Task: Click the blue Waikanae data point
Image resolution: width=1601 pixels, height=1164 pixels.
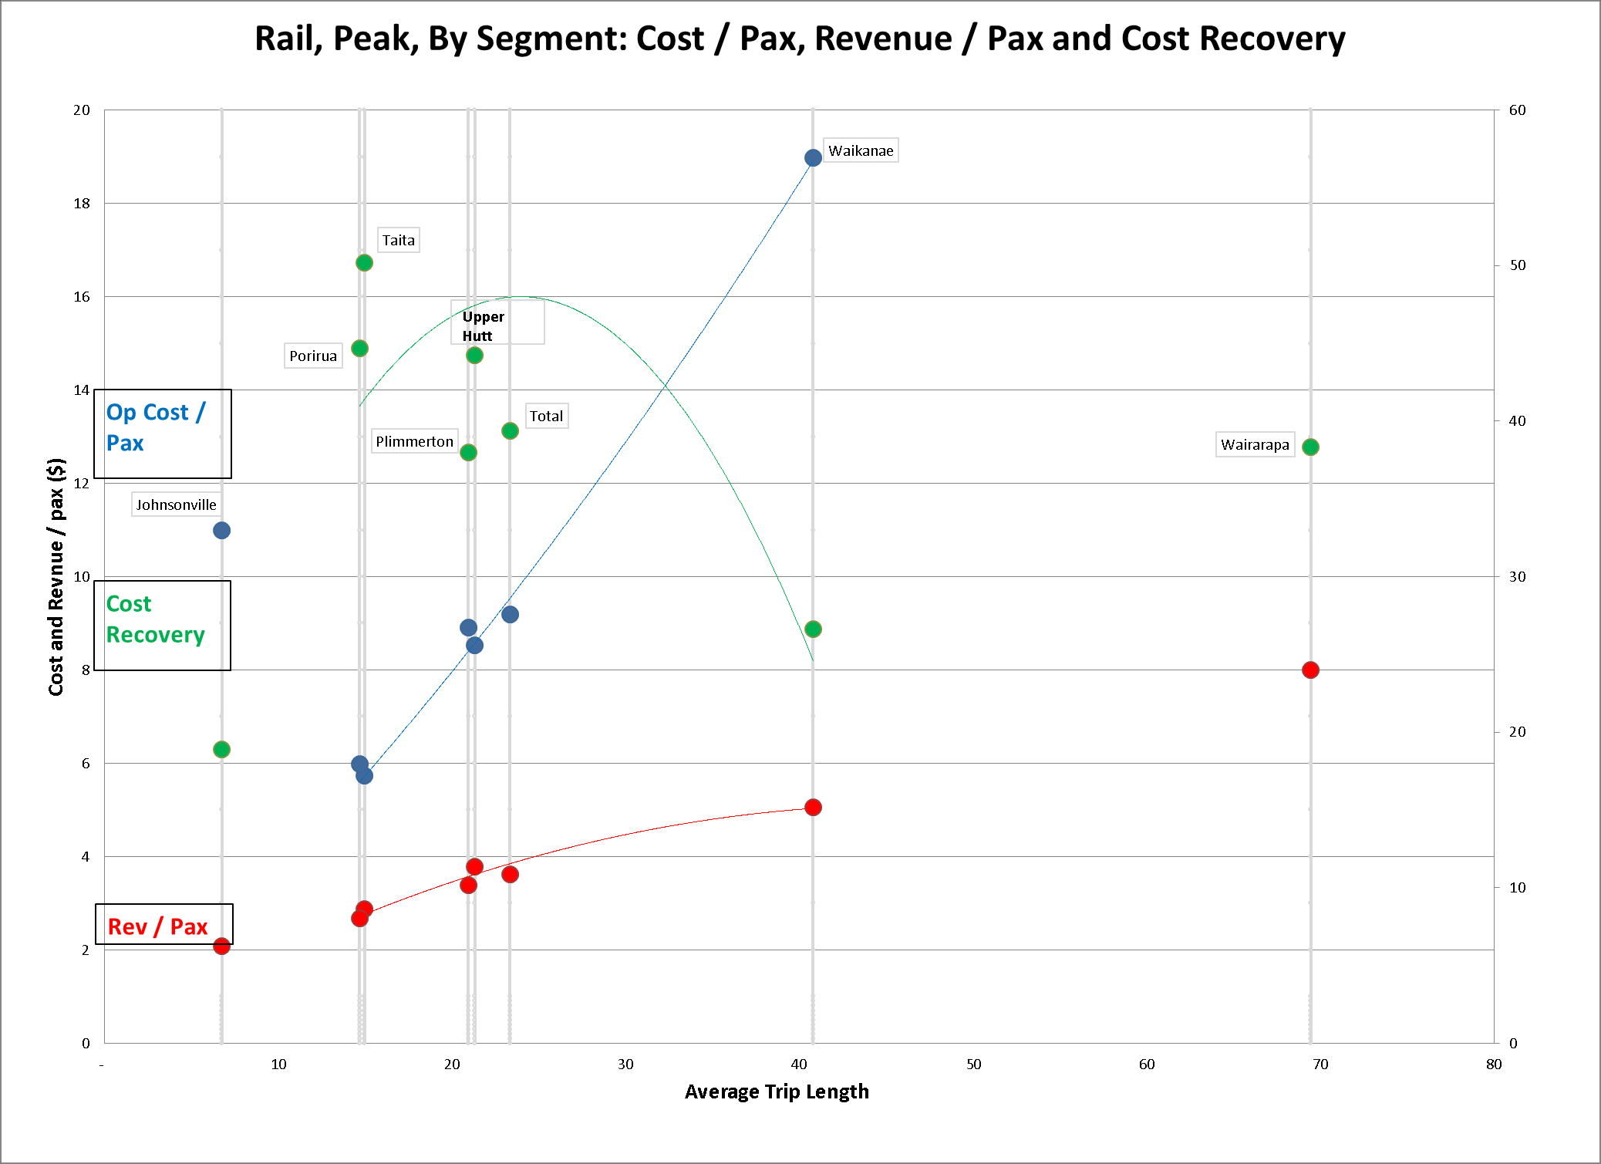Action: click(x=813, y=158)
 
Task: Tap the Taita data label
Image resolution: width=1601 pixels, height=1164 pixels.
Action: click(x=399, y=240)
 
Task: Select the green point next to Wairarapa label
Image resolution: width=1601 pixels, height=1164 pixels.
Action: click(x=1310, y=447)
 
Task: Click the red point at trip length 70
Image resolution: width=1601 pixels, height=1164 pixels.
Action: click(x=1310, y=670)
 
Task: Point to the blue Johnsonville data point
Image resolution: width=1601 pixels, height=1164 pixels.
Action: click(x=221, y=530)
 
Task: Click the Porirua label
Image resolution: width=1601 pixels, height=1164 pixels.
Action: click(x=313, y=356)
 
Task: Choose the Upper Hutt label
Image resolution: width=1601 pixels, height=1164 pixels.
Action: click(x=484, y=326)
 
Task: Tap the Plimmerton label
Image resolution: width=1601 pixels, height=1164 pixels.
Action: click(x=414, y=441)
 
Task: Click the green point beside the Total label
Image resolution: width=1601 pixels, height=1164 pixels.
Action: click(x=510, y=430)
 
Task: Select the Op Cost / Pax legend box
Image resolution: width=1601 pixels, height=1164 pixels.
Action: click(x=163, y=433)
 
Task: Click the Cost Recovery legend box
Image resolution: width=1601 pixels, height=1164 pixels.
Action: click(x=163, y=625)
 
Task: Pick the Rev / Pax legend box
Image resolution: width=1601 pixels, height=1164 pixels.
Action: click(x=163, y=924)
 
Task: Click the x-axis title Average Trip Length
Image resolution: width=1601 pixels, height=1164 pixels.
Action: click(x=777, y=1091)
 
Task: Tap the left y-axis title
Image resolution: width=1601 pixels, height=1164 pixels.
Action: click(x=56, y=576)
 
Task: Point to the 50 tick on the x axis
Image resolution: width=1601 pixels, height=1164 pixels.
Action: click(x=974, y=1064)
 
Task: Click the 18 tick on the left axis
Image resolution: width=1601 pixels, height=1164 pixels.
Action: click(x=82, y=204)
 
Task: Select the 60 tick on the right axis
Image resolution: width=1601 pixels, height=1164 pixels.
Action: click(x=1517, y=110)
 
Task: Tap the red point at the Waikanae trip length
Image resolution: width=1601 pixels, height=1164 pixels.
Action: click(x=813, y=807)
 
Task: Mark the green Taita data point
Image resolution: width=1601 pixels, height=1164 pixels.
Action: click(x=364, y=263)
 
